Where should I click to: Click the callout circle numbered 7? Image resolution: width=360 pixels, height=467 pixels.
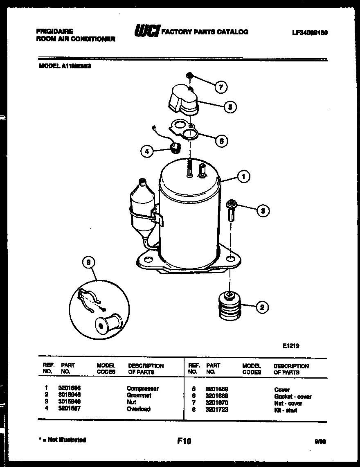click(221, 87)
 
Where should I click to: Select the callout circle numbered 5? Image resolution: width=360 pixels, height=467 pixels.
click(230, 107)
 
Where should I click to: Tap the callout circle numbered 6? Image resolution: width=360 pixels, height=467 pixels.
click(221, 141)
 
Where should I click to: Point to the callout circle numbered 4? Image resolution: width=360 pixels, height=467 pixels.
click(147, 151)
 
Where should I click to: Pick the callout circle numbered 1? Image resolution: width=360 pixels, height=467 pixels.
click(244, 177)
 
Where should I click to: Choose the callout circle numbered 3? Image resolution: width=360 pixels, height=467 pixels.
click(263, 211)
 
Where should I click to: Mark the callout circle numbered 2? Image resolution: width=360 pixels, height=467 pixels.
click(262, 307)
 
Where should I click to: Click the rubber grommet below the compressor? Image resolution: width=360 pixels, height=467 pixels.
click(229, 307)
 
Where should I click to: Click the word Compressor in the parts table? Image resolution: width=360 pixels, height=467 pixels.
click(142, 388)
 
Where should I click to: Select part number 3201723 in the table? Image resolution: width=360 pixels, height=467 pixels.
click(217, 410)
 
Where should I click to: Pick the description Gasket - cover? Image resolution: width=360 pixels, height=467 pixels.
click(292, 396)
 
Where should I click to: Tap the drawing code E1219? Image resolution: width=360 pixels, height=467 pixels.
click(291, 346)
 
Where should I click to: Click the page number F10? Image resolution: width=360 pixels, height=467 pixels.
click(184, 441)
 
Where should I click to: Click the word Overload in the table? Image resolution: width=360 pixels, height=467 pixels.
click(138, 409)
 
